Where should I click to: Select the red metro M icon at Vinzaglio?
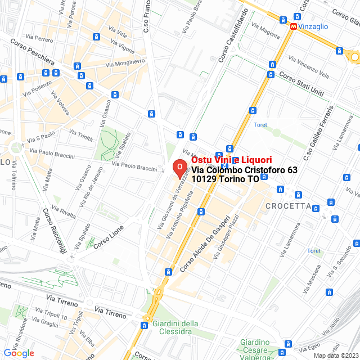(294, 26)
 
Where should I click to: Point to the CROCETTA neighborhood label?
(288, 206)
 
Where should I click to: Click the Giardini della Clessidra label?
(175, 327)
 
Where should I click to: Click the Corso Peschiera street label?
(32, 54)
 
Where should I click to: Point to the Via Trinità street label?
(80, 135)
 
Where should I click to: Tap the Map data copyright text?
(335, 355)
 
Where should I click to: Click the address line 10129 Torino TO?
(225, 179)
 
